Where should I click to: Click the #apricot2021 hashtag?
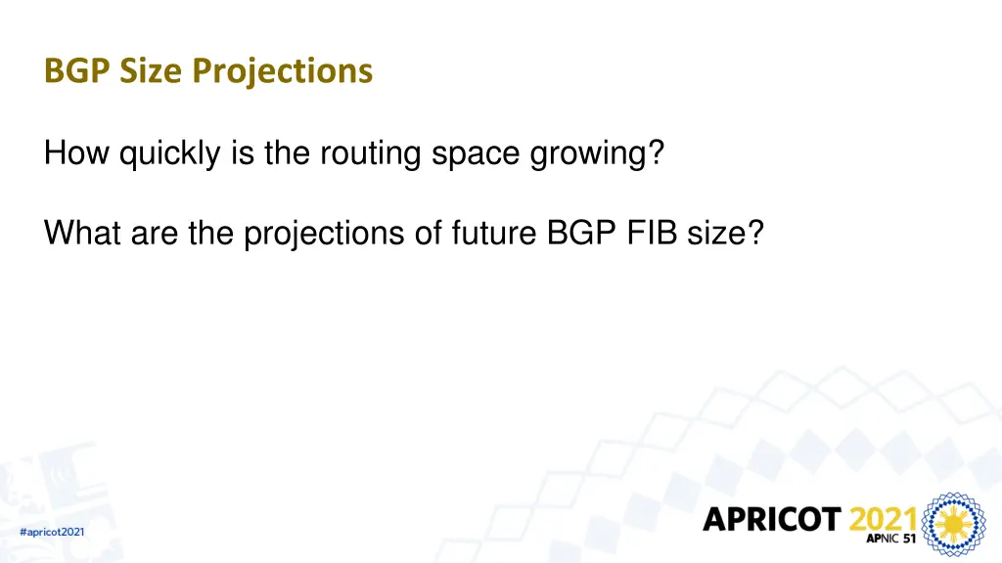click(x=52, y=532)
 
